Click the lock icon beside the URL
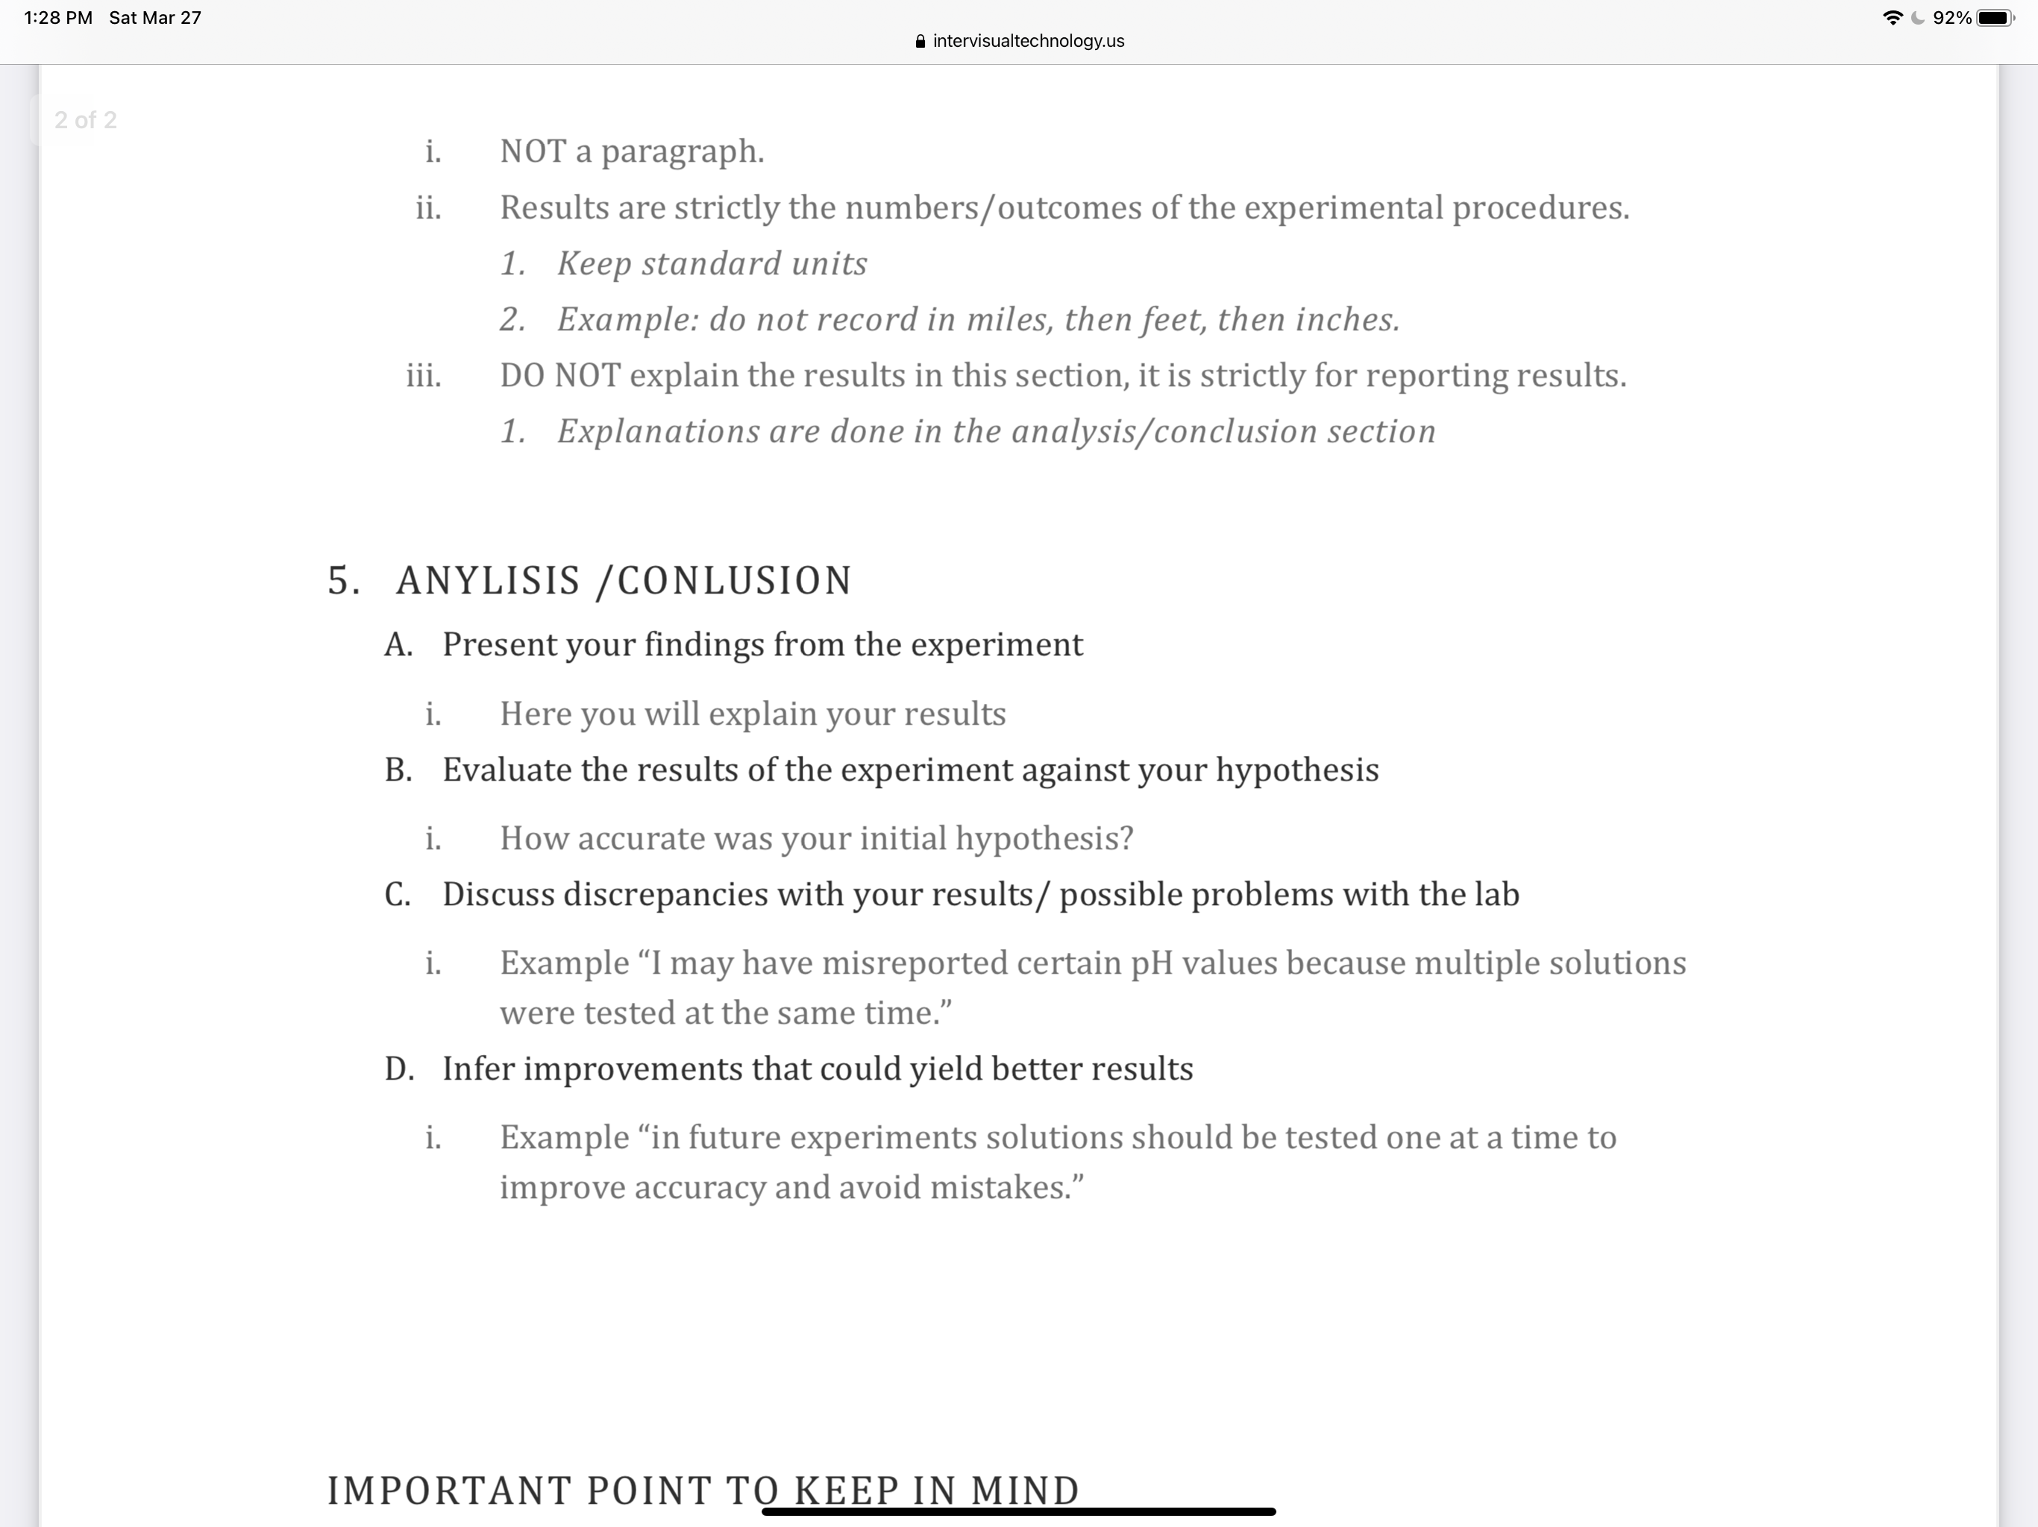click(x=920, y=42)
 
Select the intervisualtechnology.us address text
click(x=1028, y=42)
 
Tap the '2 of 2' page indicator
click(x=86, y=121)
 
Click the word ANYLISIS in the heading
click(x=489, y=581)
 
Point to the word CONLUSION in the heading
click(x=734, y=581)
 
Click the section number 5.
click(x=342, y=581)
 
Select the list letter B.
click(x=398, y=770)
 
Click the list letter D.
click(x=399, y=1069)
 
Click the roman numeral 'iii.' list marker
click(x=424, y=376)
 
